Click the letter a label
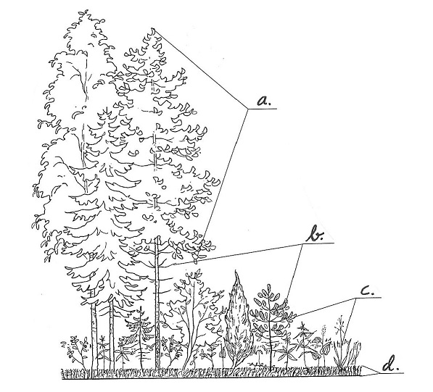[264, 101]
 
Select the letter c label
[368, 291]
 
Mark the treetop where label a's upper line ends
[153, 29]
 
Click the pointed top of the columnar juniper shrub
[236, 271]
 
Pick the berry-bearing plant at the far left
[74, 351]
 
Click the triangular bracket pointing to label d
[369, 370]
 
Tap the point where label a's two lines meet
[248, 109]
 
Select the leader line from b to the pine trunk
[236, 254]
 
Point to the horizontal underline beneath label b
[320, 243]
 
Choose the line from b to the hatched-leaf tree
[294, 272]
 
